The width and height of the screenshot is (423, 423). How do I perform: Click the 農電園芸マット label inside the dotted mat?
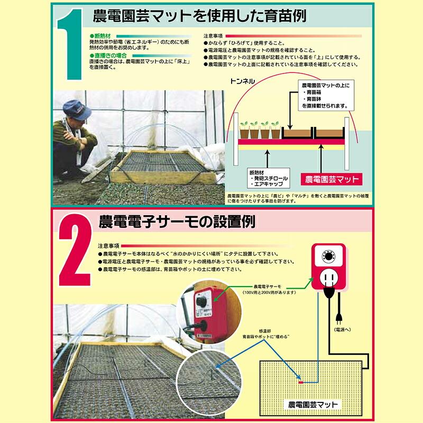[x=312, y=404]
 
